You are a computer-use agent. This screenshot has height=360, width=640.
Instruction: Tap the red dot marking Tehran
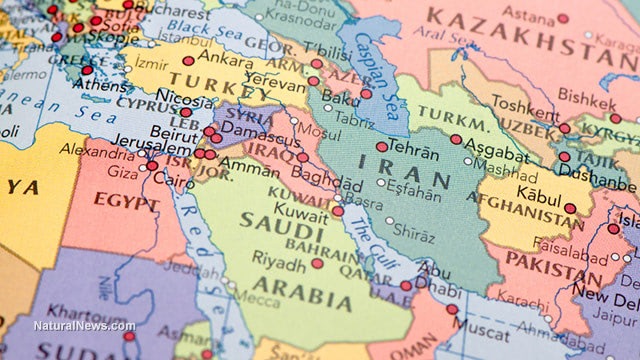click(x=382, y=147)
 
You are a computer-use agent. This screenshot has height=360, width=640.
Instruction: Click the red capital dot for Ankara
click(x=188, y=61)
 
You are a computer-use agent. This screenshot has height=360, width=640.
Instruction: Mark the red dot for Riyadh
click(x=317, y=264)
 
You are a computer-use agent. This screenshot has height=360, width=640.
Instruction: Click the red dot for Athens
click(x=87, y=70)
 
